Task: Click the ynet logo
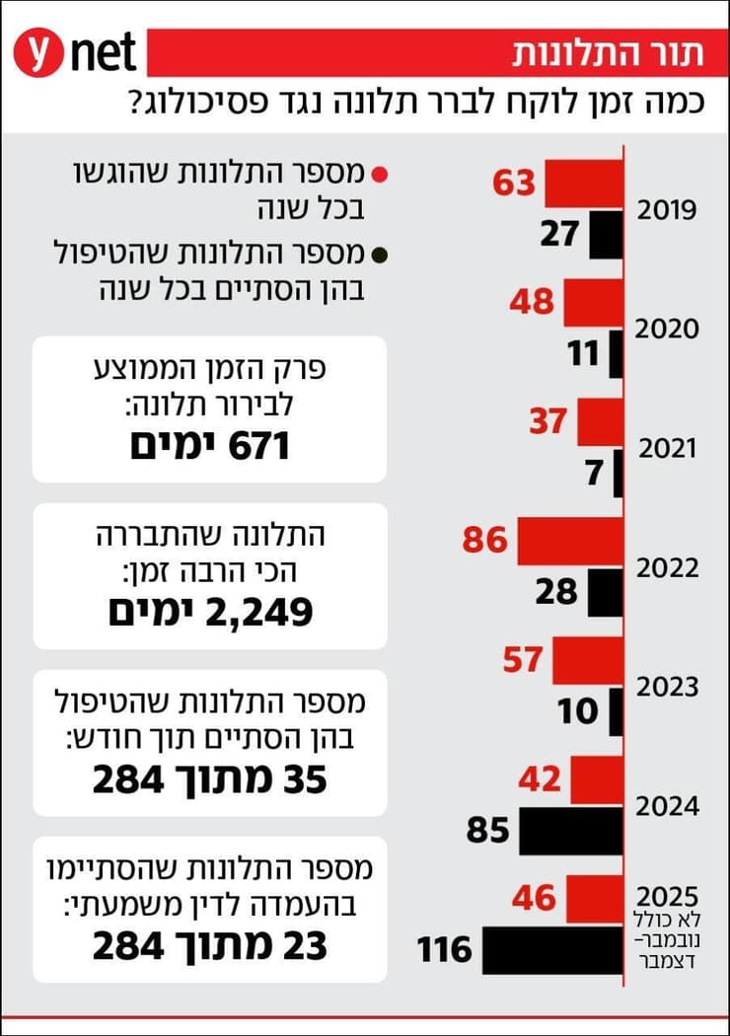pos(74,52)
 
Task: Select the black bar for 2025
pos(552,951)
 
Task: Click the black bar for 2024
pos(570,832)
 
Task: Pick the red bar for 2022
pos(570,541)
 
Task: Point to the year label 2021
pos(667,449)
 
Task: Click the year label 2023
pos(667,687)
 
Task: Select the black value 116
pos(444,951)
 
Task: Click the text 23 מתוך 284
pos(209,947)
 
